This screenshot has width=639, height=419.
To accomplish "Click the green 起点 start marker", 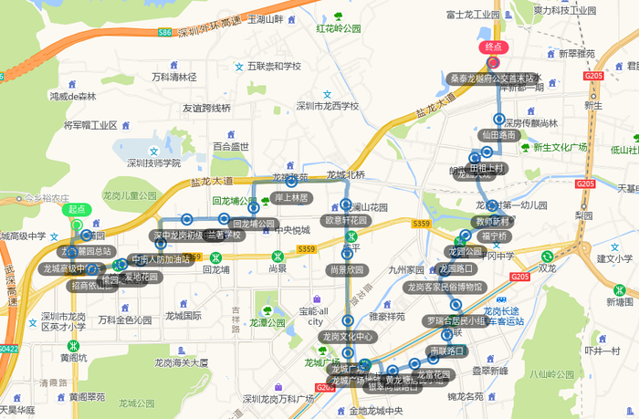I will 77,209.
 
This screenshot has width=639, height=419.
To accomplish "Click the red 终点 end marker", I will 493,47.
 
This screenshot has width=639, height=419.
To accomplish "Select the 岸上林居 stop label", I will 291,197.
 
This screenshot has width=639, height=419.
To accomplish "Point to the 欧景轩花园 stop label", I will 346,220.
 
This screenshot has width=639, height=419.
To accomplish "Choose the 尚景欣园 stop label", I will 347,269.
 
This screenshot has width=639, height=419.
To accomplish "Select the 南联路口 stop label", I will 447,350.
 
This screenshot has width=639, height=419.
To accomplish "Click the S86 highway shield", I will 164,33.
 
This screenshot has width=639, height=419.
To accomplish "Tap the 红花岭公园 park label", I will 339,28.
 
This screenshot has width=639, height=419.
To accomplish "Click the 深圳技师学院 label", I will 153,163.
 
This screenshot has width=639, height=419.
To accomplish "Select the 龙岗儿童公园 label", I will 131,195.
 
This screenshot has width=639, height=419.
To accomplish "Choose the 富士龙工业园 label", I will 473,15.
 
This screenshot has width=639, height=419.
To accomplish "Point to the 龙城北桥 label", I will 346,174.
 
